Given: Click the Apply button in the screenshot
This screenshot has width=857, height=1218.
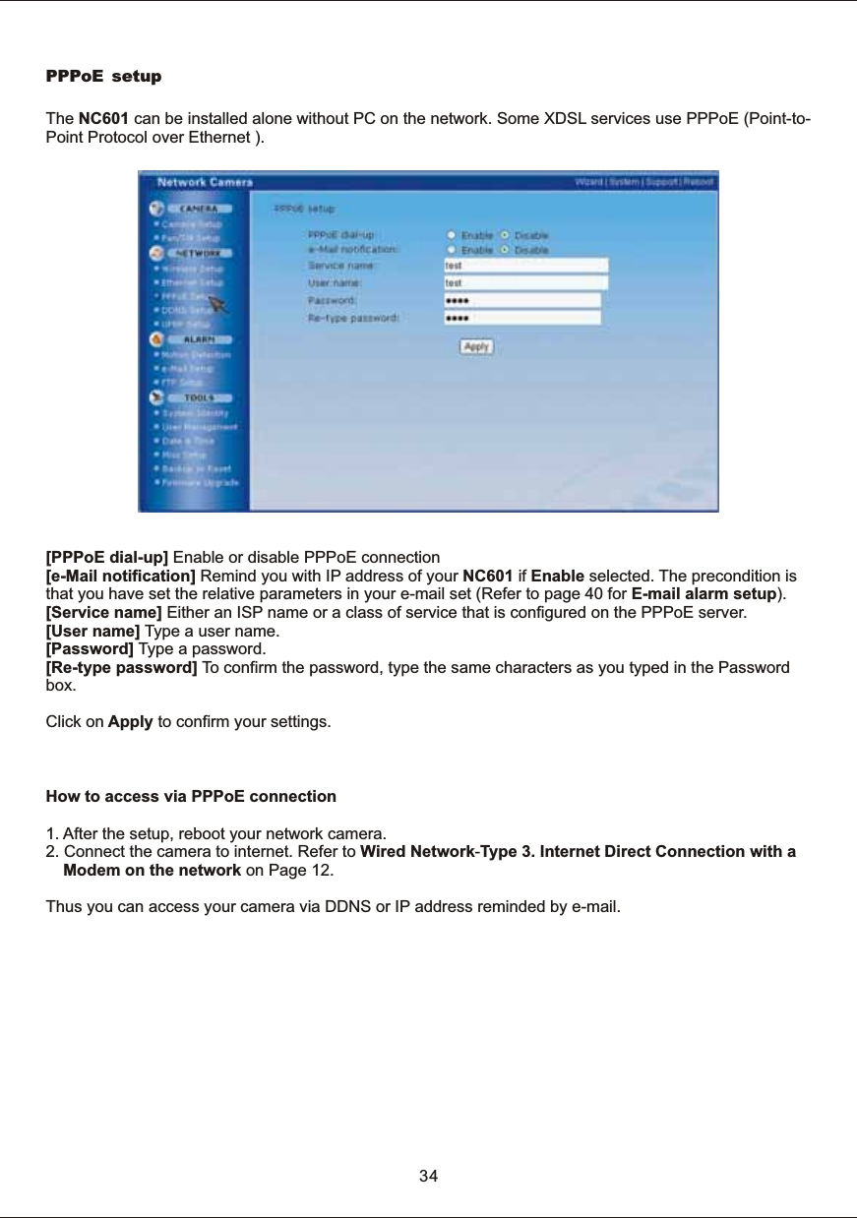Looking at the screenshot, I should [477, 347].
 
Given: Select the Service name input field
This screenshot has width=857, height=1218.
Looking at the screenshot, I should [525, 266].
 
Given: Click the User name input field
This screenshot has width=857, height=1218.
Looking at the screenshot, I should [525, 282].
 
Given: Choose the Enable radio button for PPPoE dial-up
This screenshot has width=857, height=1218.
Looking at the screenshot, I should [452, 236].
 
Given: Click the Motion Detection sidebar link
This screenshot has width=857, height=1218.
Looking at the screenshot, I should [197, 353].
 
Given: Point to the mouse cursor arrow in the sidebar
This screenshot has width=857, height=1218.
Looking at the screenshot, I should [218, 303].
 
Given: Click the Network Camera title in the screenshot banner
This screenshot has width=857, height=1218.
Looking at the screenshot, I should [206, 182].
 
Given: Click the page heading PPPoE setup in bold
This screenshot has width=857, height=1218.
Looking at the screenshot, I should [104, 77].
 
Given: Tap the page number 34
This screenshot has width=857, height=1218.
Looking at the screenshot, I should [429, 1176].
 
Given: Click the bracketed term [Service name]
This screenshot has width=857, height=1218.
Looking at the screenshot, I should [104, 613].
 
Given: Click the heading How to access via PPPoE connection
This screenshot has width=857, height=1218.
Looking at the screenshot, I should [191, 796].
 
